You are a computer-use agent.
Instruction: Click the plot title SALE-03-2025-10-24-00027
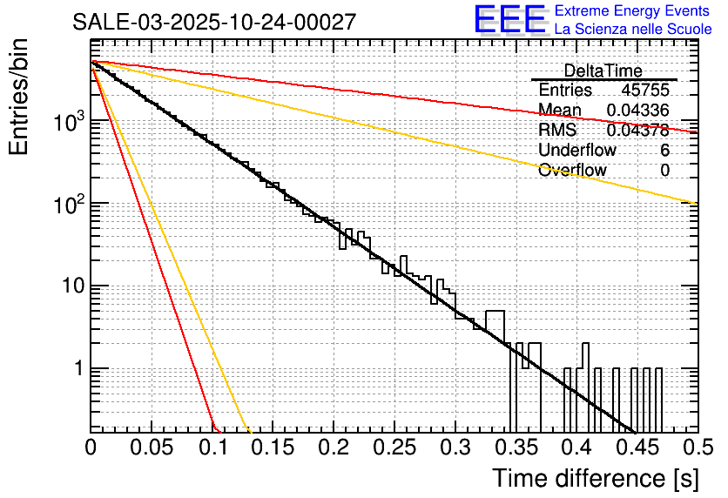click(214, 22)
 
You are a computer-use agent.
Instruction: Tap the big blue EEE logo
click(509, 20)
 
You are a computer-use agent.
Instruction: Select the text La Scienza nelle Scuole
click(633, 29)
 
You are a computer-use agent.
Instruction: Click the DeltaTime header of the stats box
click(603, 71)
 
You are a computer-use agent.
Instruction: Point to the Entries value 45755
click(645, 91)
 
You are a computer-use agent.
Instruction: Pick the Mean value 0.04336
click(637, 111)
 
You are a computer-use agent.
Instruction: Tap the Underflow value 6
click(664, 151)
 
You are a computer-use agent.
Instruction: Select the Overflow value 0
click(664, 171)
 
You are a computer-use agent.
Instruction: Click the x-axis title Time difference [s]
click(595, 478)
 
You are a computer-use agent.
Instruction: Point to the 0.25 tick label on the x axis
click(394, 448)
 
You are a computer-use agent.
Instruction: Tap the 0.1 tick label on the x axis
click(212, 448)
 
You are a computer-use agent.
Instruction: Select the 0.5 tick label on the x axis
click(696, 448)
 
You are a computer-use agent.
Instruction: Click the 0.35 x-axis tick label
click(515, 448)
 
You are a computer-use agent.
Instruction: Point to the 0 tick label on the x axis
click(91, 448)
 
